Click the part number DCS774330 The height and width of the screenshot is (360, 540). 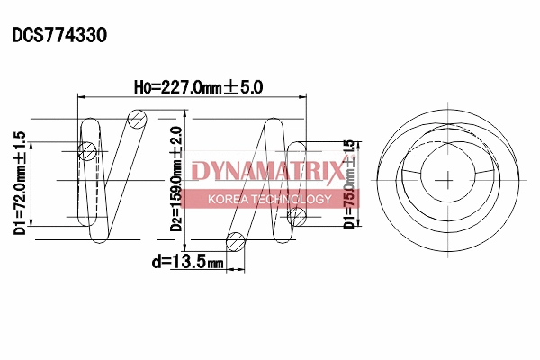(x=59, y=35)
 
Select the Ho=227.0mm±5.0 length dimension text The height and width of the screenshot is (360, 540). (x=197, y=87)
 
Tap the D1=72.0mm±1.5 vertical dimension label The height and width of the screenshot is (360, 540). (x=20, y=183)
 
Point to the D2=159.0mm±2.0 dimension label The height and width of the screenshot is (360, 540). (x=176, y=180)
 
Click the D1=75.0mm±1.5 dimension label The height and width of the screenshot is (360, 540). (x=349, y=184)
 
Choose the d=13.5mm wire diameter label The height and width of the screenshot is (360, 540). (x=187, y=262)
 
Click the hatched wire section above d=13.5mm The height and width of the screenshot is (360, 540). (x=236, y=240)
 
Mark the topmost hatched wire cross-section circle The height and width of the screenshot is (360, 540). (x=136, y=118)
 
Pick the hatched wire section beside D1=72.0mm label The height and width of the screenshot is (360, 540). (x=87, y=151)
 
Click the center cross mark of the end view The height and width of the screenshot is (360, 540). (x=447, y=178)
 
